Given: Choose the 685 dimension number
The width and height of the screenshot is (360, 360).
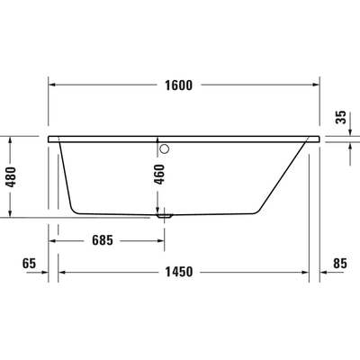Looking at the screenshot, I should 106,241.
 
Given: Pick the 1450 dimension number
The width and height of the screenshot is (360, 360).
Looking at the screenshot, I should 180,273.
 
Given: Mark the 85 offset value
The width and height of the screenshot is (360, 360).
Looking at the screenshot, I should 339,264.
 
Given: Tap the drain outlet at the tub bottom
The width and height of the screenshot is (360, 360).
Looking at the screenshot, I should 165,216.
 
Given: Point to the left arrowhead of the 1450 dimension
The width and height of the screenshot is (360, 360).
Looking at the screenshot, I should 63,273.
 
